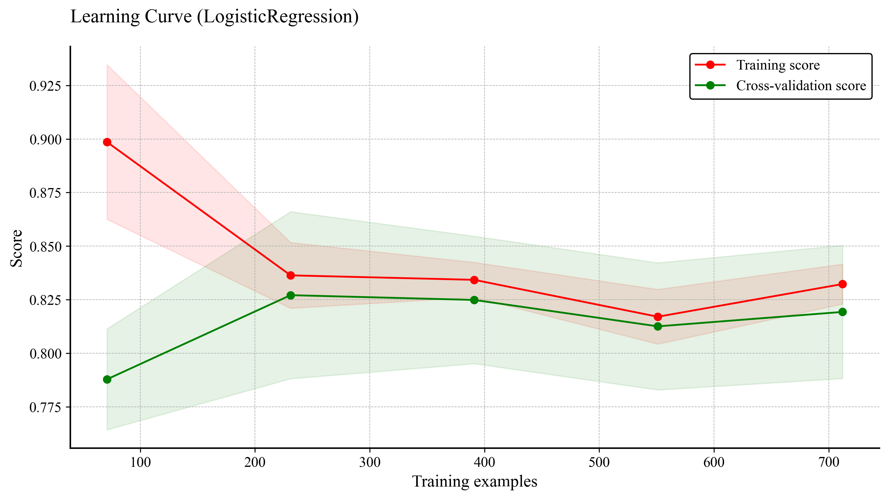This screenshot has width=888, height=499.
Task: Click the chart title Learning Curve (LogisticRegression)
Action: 214,17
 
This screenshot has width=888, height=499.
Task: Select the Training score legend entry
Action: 778,65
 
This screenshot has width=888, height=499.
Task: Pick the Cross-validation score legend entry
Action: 801,86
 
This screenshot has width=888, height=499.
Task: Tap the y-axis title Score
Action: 16,248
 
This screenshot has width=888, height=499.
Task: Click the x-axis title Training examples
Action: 475,481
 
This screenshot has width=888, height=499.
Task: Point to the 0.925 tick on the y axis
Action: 45,86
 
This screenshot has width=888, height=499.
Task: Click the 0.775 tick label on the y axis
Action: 45,407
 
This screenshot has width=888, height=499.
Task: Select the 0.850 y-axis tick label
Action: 45,247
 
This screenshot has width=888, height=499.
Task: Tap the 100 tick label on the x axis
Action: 140,462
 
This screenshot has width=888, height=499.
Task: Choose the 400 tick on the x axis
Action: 484,462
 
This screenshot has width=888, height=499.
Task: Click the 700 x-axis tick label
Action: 828,462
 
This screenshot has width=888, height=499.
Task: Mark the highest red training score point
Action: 107,142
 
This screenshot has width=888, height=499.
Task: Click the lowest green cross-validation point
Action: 107,380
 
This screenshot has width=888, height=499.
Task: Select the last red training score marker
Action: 842,284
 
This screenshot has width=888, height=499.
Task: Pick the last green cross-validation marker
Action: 842,312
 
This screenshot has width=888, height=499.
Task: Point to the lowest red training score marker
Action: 658,317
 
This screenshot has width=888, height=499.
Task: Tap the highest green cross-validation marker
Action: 291,296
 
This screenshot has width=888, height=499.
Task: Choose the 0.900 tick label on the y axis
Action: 45,139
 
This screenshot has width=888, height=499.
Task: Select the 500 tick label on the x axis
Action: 599,462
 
